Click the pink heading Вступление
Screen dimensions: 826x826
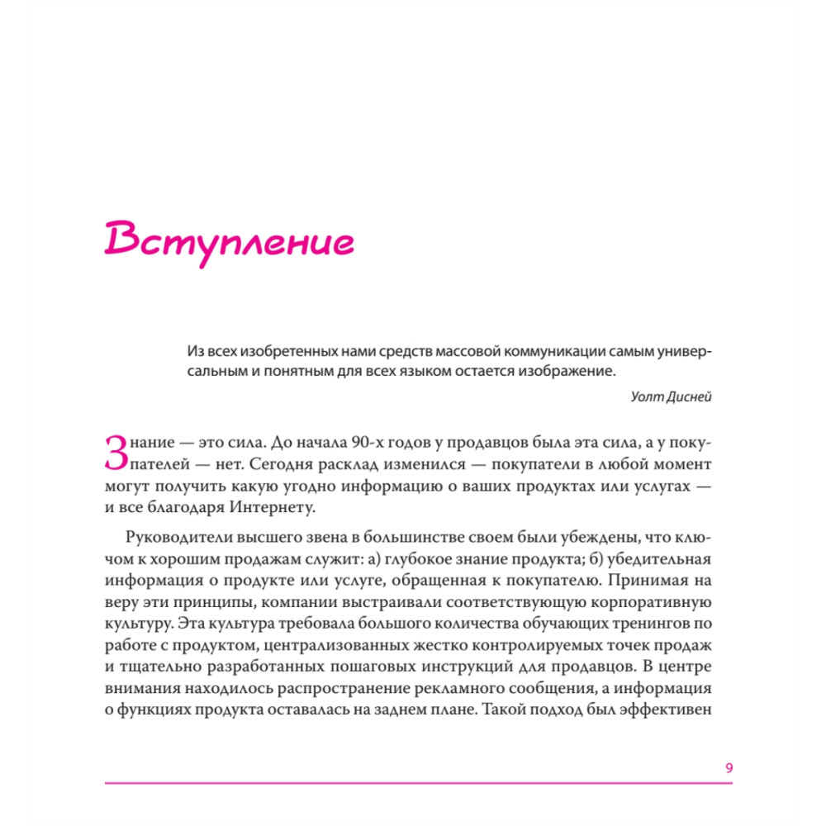(230, 240)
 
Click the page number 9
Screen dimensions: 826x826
(729, 768)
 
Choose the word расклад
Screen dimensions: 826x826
(353, 464)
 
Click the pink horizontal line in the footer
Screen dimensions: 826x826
(419, 782)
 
